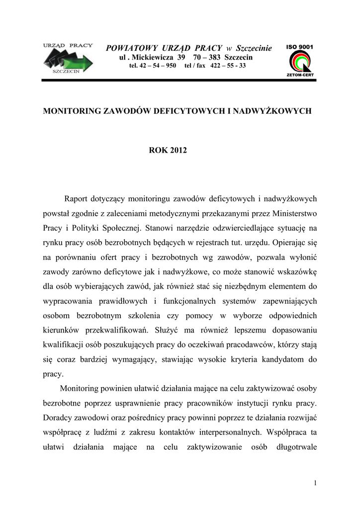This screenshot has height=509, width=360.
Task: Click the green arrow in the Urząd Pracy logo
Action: pos(80,62)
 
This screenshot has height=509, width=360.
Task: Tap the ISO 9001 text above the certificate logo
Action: pos(299,47)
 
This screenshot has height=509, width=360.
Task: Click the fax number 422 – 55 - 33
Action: pos(228,66)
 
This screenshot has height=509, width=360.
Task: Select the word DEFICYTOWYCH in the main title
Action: pos(182,111)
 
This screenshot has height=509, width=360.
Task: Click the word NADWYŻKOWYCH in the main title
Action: pos(272,111)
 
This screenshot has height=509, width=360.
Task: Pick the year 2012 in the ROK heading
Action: pos(178,150)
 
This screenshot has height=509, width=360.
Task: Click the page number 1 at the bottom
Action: pos(316,483)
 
